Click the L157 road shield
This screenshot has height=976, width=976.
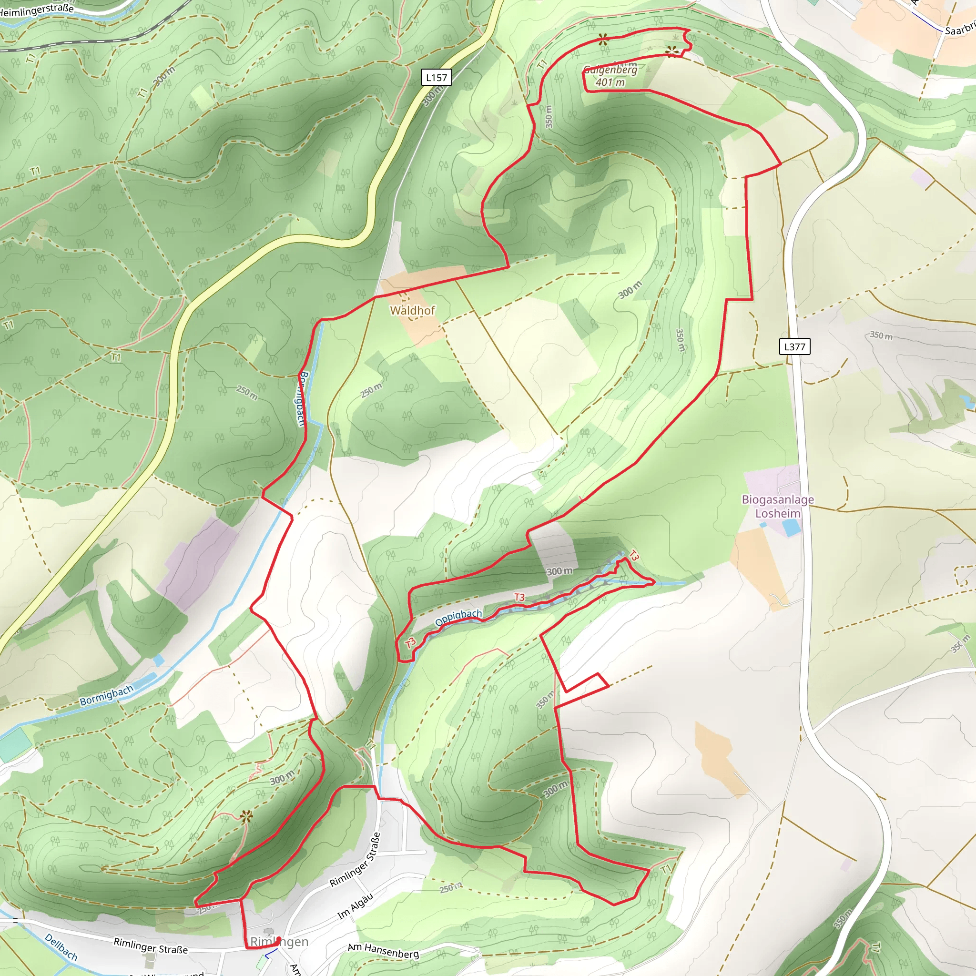(436, 77)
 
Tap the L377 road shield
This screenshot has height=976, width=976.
(794, 346)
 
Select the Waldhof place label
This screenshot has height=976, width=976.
(412, 310)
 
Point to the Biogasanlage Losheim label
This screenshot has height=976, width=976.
(777, 506)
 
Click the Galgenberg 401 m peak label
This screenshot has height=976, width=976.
(610, 76)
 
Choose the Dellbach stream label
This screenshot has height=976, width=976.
(61, 947)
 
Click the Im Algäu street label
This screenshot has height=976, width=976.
(355, 906)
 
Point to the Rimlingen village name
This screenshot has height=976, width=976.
(279, 942)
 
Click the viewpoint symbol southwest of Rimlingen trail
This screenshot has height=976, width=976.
(246, 816)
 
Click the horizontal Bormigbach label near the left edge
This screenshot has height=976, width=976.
(107, 695)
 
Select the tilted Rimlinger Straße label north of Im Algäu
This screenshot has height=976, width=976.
(355, 859)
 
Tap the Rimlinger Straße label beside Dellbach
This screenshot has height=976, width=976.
(151, 945)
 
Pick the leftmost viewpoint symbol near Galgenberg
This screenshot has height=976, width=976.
(603, 40)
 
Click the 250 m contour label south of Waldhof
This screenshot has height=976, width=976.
(372, 390)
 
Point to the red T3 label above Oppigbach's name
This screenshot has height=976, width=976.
(519, 597)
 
